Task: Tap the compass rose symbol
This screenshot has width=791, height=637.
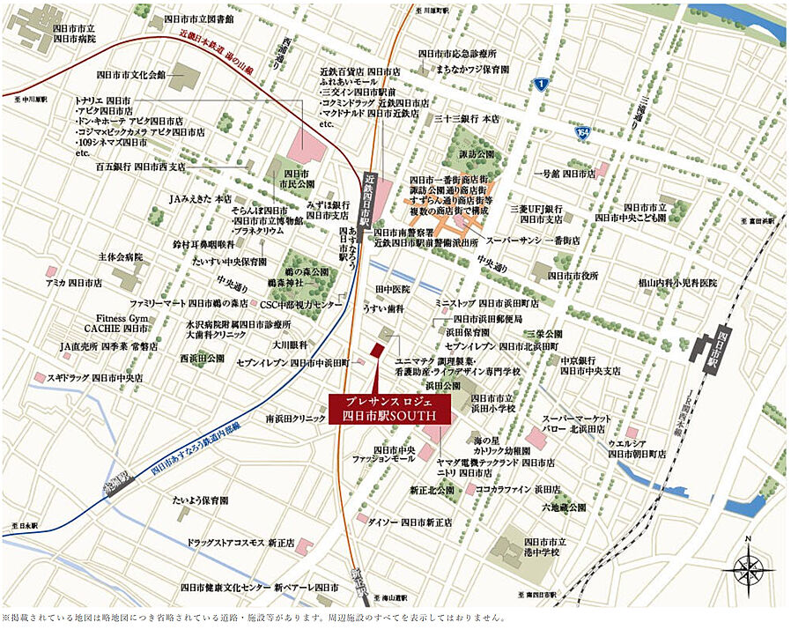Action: point(748,567)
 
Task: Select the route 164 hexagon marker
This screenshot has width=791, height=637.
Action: point(582,132)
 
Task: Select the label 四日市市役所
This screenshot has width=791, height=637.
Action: point(573,275)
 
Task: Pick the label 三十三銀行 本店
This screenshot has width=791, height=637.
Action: point(466,118)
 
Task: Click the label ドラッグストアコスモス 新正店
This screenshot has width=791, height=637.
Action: point(240,544)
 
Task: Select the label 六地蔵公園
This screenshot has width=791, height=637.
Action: point(564,507)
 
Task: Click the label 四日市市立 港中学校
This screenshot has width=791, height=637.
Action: point(542,547)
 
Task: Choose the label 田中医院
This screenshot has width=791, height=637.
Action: point(393,289)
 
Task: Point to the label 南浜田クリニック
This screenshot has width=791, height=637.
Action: point(296,418)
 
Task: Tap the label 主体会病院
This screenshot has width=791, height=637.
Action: point(120,257)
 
